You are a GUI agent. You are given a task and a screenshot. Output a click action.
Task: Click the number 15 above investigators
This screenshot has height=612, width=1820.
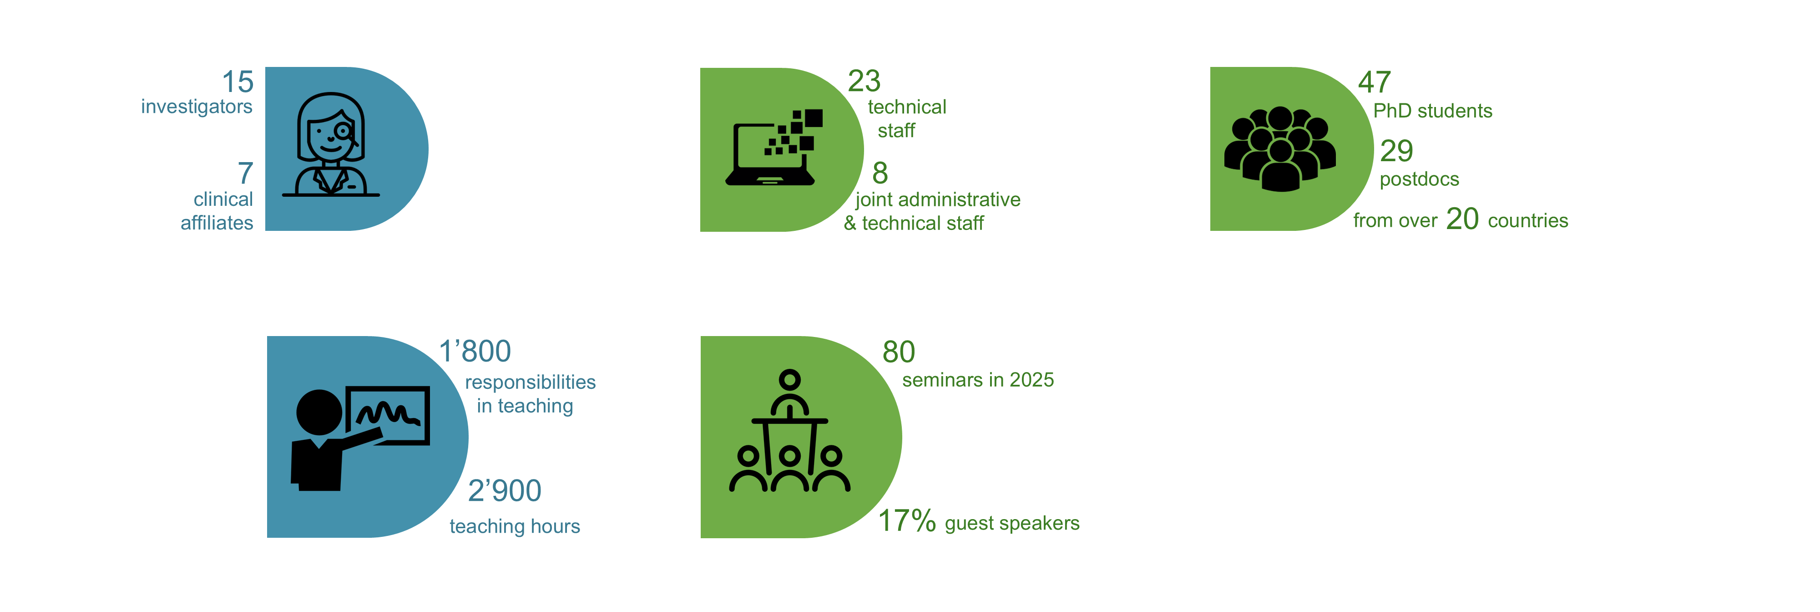[x=238, y=82]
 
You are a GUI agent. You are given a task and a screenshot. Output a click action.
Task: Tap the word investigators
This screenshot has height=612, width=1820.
[x=197, y=107]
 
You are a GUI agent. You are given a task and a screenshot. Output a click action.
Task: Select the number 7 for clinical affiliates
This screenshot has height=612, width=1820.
[x=245, y=173]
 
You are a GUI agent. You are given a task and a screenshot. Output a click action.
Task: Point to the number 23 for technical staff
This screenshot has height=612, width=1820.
[x=864, y=81]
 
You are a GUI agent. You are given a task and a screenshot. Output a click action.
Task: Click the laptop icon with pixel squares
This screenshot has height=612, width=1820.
[x=773, y=147]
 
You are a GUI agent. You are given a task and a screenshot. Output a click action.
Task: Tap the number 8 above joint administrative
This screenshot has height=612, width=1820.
[x=880, y=173]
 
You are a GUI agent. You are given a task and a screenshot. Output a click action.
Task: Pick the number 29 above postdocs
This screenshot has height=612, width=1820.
[x=1397, y=151]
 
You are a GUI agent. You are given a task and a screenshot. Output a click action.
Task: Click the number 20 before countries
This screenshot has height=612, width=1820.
[x=1462, y=219]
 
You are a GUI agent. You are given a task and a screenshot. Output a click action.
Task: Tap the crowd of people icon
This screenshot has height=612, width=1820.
[x=1280, y=149]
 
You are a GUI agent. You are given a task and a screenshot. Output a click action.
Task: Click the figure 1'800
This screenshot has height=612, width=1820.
[x=475, y=351]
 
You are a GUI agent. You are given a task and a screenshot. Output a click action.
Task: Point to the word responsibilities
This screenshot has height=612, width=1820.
[x=531, y=382]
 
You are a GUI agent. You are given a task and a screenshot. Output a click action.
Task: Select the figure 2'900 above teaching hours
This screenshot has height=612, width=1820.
[x=505, y=490]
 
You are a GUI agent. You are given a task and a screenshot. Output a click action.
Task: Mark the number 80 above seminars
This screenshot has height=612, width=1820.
[x=899, y=352]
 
